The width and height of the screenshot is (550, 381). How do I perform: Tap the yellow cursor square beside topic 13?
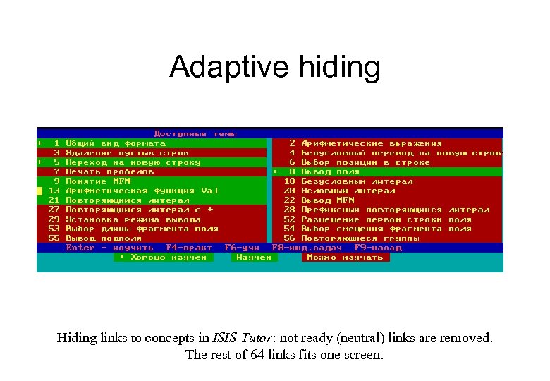(x=39, y=190)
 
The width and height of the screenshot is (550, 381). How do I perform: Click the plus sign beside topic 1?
(x=39, y=143)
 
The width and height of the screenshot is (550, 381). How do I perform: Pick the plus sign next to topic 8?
(x=275, y=171)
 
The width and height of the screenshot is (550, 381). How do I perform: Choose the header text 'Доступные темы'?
(x=195, y=133)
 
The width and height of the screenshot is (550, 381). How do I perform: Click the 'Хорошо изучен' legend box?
(x=163, y=258)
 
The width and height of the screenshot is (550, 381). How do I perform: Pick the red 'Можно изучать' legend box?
(x=346, y=258)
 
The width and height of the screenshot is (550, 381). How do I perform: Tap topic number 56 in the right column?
(x=289, y=238)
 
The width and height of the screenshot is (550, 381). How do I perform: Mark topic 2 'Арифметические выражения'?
(x=371, y=143)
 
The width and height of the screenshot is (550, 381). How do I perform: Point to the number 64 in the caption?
(x=257, y=355)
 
